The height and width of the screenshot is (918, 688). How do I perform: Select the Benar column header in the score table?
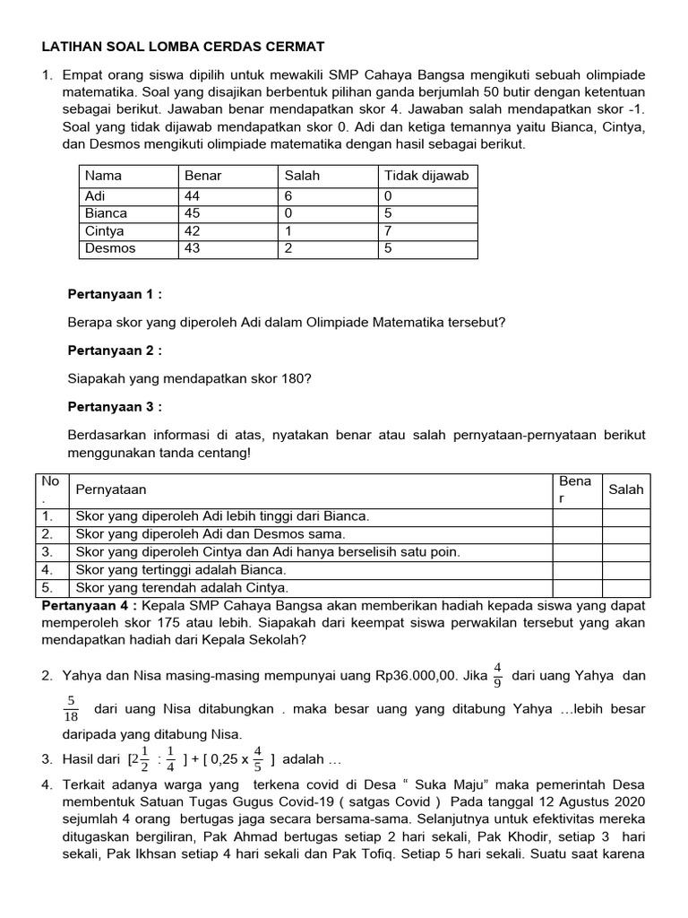(202, 176)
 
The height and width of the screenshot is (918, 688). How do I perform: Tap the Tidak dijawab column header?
(426, 176)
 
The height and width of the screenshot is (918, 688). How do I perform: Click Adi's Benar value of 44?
(192, 195)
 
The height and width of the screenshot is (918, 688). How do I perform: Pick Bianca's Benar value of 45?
(192, 213)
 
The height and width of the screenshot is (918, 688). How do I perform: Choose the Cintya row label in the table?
(105, 231)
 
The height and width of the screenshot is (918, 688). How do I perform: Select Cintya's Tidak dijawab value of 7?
(388, 231)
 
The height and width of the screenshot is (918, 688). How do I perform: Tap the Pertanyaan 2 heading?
(114, 351)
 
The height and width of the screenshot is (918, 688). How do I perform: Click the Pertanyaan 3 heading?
(114, 407)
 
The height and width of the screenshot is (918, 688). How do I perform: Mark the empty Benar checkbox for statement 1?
(577, 516)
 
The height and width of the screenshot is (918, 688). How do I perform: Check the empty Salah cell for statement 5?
(626, 588)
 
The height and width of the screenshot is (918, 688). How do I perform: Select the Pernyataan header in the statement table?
(112, 489)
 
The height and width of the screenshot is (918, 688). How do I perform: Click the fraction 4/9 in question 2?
(498, 674)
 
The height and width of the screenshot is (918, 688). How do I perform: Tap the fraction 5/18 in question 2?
(73, 709)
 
